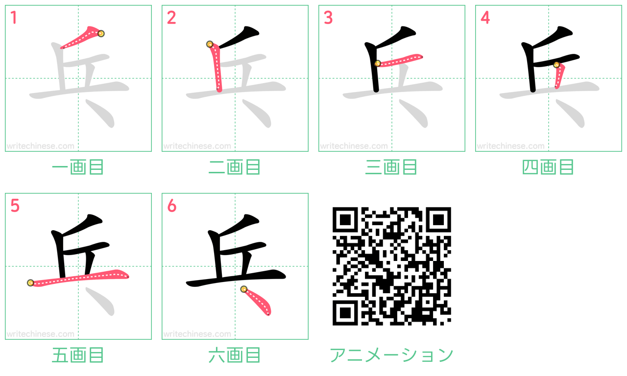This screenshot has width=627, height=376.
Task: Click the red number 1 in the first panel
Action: tap(14, 18)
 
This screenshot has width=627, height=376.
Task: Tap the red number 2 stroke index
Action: tap(171, 18)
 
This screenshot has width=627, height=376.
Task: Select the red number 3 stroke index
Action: tap(328, 18)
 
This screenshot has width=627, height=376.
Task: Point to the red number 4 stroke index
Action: tap(484, 18)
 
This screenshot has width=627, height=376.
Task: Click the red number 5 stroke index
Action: tap(15, 206)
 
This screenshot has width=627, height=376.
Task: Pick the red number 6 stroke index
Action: tap(171, 206)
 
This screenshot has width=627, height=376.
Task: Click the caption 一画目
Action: tap(78, 167)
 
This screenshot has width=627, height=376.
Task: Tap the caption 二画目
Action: tap(235, 167)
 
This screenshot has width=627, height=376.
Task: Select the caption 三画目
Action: tap(391, 167)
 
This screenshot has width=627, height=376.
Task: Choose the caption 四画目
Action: tap(548, 167)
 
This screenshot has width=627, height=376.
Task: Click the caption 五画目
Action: tap(78, 355)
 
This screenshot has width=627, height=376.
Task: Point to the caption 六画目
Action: tap(235, 355)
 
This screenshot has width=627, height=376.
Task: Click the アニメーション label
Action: tap(391, 355)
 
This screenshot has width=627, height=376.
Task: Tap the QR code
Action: tap(391, 266)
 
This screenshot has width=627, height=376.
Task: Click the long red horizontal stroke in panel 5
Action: tap(78, 278)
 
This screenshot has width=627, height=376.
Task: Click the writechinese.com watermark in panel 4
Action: tap(510, 146)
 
